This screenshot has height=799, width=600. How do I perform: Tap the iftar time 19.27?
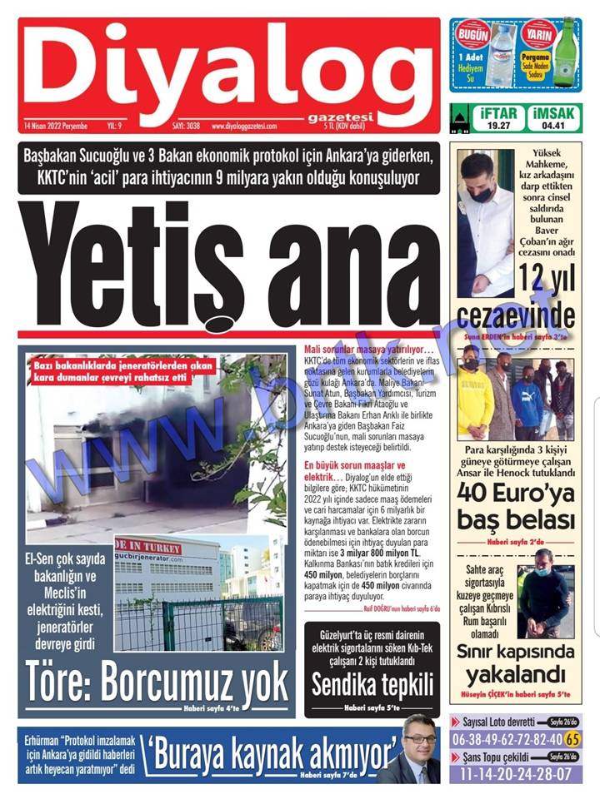coord(498,126)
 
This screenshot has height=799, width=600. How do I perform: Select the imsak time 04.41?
coord(553,126)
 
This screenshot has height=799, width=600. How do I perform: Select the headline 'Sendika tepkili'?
coord(372,684)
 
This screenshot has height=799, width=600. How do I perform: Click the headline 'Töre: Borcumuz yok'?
coord(157,682)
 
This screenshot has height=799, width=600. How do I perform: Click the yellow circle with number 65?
coord(572,738)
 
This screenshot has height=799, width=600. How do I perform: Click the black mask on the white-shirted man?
coord(482,195)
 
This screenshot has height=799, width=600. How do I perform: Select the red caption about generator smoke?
coord(122,372)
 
